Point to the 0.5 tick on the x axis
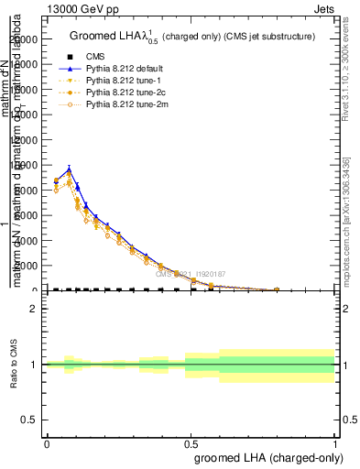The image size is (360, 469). tap(191, 443)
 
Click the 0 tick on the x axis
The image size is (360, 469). tap(47, 443)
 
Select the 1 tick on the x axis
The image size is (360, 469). tap(334, 443)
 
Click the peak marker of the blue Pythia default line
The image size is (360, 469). tap(69, 169)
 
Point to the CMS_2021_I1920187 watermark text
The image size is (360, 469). tap(190, 273)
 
